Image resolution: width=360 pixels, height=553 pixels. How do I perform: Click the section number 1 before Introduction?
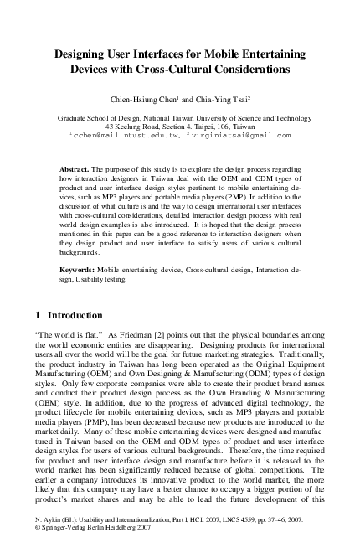39,317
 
